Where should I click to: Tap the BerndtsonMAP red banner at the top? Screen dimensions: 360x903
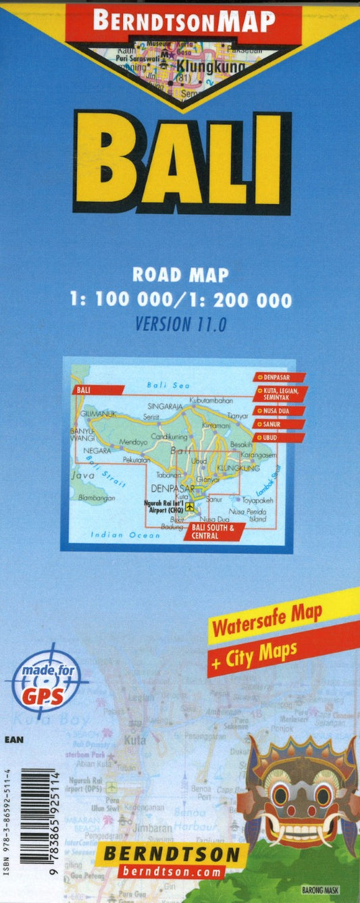coord(183,22)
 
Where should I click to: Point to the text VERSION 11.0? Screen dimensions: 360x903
coord(180,324)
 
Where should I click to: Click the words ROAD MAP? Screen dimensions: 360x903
coord(180,275)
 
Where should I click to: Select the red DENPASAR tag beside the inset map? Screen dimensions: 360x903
coord(280,377)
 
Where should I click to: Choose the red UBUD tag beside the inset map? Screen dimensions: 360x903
coord(278,438)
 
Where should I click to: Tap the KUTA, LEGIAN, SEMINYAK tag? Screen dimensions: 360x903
coord(280,394)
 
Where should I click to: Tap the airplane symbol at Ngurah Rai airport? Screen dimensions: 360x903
coord(190,507)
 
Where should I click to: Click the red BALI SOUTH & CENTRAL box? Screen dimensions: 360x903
coord(209,531)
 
